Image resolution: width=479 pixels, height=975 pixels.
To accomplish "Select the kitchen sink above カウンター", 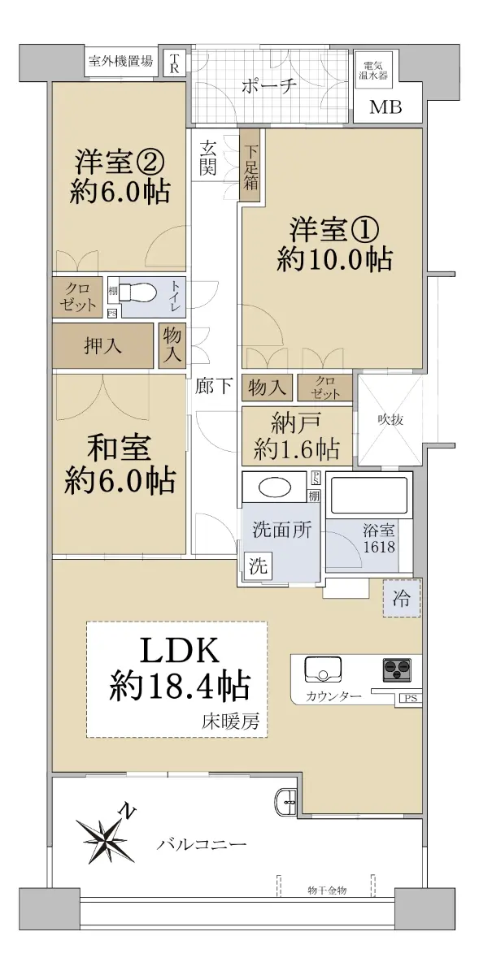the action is point(323,668).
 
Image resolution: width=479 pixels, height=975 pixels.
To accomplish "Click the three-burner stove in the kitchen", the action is point(397,669).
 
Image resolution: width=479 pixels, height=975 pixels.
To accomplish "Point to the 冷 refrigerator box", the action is point(402,598).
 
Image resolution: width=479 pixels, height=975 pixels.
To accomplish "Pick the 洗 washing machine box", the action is point(258,565).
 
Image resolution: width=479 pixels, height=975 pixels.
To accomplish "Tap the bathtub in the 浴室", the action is point(369,496).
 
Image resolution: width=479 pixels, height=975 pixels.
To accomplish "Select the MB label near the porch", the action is point(385,106).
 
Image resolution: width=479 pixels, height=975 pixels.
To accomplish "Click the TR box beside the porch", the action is point(174,63).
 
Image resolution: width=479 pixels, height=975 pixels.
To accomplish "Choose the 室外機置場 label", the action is point(120,61).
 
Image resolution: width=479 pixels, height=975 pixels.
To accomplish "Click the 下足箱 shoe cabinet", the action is point(250,166).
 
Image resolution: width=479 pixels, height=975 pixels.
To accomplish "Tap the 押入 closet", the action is point(102,345).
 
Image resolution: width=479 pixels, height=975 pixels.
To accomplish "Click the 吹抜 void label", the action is point(390,420).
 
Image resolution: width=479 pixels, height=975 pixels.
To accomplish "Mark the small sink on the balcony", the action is point(285,799).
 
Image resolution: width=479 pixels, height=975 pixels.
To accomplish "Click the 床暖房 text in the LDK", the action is point(230,722).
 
